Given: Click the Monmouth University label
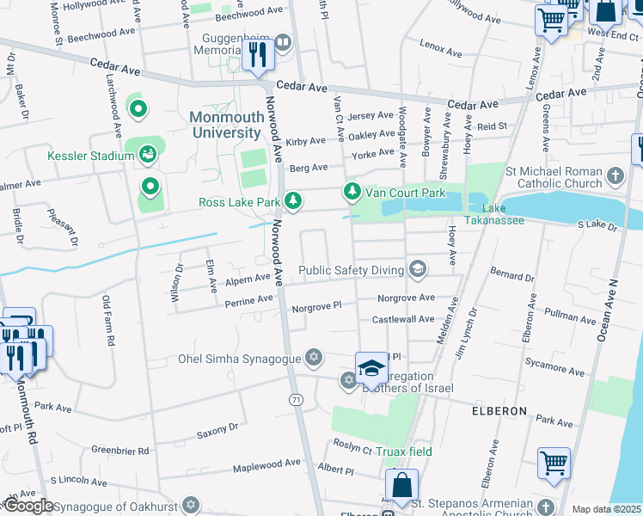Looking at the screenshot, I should point(224,125).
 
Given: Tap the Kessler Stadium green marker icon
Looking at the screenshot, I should point(148,155).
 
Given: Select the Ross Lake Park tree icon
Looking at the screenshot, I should point(294,200).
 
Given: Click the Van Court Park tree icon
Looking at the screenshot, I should point(351,191).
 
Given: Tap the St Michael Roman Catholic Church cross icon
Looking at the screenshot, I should point(615,176).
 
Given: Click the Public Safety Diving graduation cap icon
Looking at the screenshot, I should point(418,270).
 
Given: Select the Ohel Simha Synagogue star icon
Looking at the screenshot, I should point(314,358).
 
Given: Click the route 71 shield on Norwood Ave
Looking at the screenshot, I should point(296,400).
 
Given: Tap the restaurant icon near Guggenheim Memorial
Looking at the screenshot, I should point(257,55).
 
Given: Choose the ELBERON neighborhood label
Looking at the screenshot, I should point(499,411).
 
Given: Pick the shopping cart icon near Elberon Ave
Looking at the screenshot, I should point(554,462).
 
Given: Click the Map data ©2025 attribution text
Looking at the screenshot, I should point(605,509).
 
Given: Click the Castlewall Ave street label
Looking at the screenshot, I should point(403,319).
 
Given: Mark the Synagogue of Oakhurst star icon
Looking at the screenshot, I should point(191,504).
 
